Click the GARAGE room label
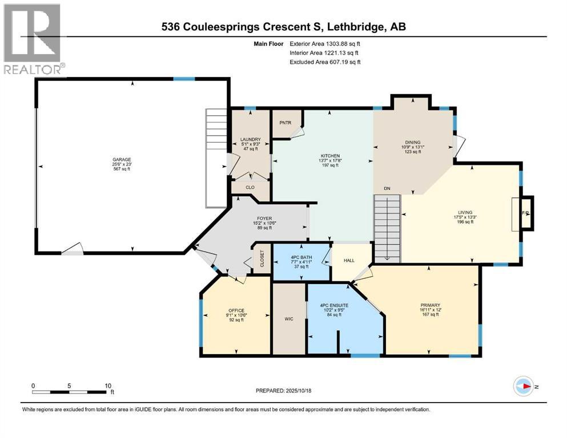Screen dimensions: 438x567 coord(121,159)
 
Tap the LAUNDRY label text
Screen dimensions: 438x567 coord(250,139)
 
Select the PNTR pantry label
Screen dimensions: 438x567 coord(285,122)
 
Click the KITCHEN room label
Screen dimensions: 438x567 coord(330,156)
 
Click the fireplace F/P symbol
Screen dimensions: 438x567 coord(526,213)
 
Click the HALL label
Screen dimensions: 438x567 coord(349,260)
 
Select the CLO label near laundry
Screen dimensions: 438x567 coord(250,186)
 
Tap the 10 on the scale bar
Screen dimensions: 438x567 coord(108,386)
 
